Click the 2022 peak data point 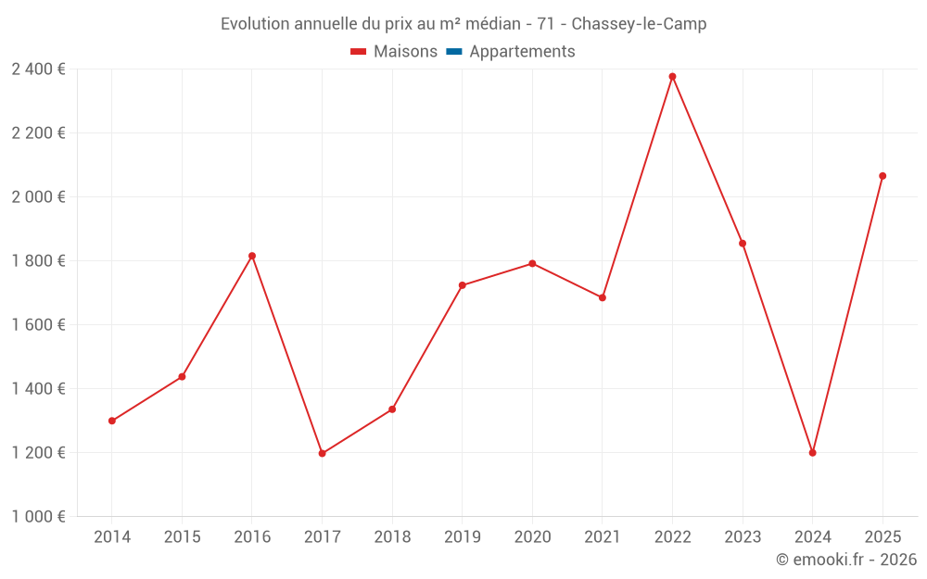pos(672,77)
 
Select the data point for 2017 pos(322,453)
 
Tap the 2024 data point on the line pos(812,453)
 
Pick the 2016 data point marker pos(252,256)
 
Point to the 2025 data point pos(883,176)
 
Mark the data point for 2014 pos(112,421)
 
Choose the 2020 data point pos(532,263)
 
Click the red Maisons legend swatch pos(359,52)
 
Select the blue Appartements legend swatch pos(454,52)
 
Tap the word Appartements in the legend pos(522,52)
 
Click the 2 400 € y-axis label pos(38,69)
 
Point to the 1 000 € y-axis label pos(38,517)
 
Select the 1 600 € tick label pos(38,325)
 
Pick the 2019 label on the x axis pos(462,537)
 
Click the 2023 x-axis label pos(743,537)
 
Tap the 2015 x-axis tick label pos(182,537)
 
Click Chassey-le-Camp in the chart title pos(640,24)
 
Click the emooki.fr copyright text pos(846,560)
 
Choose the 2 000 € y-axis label pos(38,197)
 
